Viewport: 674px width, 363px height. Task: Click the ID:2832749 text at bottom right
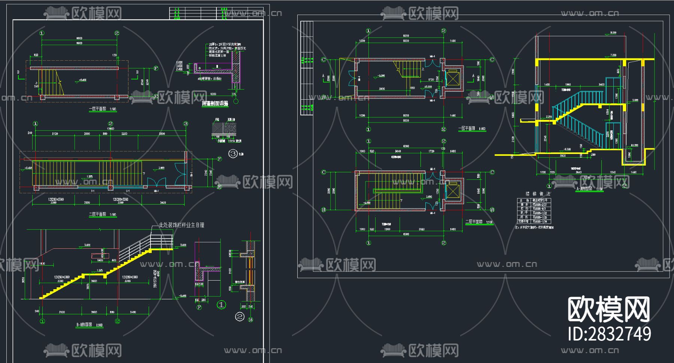point(609,334)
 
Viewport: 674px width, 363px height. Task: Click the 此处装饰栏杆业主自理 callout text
point(182,225)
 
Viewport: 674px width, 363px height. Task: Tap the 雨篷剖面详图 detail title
point(215,104)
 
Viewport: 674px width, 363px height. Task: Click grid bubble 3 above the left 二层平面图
point(186,124)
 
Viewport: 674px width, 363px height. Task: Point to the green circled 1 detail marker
point(221,305)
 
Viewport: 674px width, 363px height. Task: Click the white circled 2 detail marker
point(240,317)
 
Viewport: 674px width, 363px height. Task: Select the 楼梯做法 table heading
point(538,194)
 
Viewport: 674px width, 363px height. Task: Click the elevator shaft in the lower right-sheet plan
point(453,191)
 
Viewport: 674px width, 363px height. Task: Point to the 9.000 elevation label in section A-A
point(613,33)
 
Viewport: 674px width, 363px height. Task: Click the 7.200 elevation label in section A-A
point(613,55)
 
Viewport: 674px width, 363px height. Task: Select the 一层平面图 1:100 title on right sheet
point(472,128)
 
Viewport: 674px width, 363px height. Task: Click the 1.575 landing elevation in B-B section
point(100,270)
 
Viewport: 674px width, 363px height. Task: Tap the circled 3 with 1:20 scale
point(233,154)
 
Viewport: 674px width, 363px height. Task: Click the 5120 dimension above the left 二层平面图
point(55,134)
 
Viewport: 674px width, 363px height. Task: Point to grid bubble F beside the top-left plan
point(156,68)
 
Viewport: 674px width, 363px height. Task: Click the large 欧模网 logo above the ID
point(609,309)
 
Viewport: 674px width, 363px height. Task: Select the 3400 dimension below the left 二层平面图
point(163,203)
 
